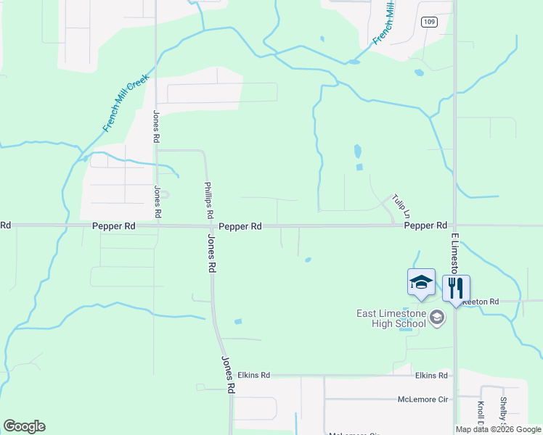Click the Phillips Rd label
(x=209, y=200)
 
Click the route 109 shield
(x=429, y=22)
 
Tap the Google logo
(x=24, y=426)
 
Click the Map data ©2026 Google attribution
(x=498, y=429)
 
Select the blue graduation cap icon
(x=421, y=282)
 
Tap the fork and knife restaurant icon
(x=456, y=288)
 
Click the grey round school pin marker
(x=437, y=318)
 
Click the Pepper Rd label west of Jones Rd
(x=114, y=226)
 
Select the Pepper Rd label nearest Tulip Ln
(x=425, y=226)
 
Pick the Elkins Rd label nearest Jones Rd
(x=253, y=375)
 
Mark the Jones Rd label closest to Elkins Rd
(x=228, y=374)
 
